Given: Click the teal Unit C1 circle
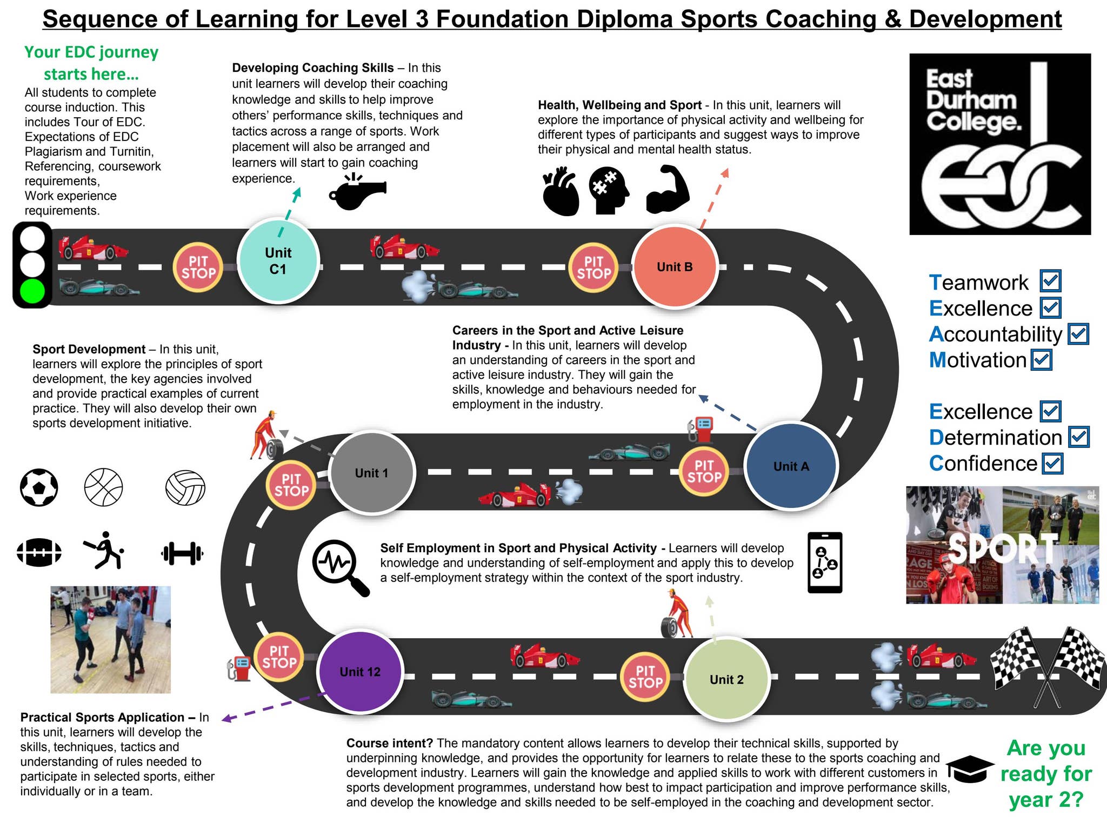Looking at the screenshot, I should (278, 261).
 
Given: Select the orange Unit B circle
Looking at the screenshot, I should (675, 267).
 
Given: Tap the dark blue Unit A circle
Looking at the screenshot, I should (791, 466).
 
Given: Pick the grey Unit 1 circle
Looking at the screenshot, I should (371, 473).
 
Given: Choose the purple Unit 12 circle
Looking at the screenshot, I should (360, 672).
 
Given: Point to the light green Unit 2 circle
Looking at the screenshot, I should (726, 679).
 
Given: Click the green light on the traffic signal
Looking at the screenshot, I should (32, 291).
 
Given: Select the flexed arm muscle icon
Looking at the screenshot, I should (668, 190).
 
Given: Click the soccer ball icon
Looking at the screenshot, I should (39, 487).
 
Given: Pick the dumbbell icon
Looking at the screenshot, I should (182, 553).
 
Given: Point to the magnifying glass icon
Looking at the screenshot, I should (339, 567).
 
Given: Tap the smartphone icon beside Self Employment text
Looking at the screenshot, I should (825, 563).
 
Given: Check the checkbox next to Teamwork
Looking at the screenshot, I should (1051, 281).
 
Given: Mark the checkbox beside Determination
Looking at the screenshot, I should (1079, 437).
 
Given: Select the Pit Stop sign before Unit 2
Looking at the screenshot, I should (645, 676).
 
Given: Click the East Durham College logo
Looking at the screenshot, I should (1000, 144).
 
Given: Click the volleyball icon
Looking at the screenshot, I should (185, 487).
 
